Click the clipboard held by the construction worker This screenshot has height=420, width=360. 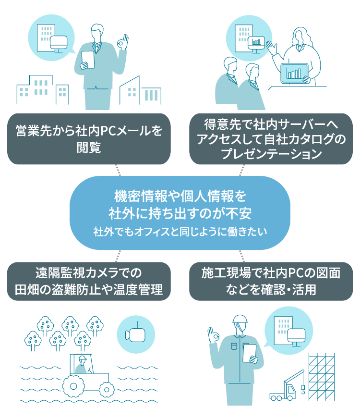(x=250, y=354)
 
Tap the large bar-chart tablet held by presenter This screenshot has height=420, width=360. (x=294, y=73)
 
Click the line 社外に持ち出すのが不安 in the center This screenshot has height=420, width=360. (x=180, y=211)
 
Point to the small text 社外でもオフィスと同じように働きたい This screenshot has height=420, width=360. (x=180, y=232)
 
